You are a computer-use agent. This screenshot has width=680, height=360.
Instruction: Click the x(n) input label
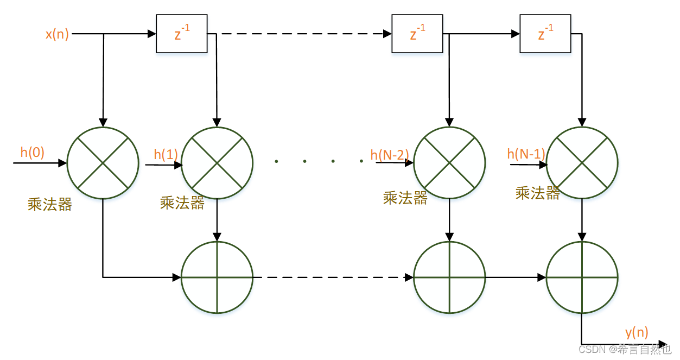pyautogui.click(x=57, y=34)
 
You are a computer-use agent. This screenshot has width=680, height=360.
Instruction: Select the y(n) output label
pyautogui.click(x=637, y=332)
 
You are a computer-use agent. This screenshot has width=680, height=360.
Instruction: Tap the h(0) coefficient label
pyautogui.click(x=33, y=153)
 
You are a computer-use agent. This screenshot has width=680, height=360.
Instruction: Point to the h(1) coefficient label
pyautogui.click(x=166, y=155)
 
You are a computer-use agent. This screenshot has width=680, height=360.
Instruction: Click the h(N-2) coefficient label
pyautogui.click(x=389, y=155)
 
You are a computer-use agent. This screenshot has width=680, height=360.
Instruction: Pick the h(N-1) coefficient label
pyautogui.click(x=526, y=154)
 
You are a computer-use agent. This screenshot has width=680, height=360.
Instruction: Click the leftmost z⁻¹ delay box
pyautogui.click(x=182, y=34)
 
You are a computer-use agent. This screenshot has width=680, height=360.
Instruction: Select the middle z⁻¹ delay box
pyautogui.click(x=417, y=34)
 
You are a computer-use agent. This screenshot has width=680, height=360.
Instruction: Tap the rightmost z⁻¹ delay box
pyautogui.click(x=545, y=34)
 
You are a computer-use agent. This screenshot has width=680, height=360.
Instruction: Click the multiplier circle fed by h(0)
pyautogui.click(x=103, y=163)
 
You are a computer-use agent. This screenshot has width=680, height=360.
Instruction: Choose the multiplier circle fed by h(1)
pyautogui.click(x=217, y=163)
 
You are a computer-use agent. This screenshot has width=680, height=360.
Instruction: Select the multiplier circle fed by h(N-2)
pyautogui.click(x=449, y=163)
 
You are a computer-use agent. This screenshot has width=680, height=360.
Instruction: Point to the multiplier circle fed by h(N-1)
pyautogui.click(x=582, y=163)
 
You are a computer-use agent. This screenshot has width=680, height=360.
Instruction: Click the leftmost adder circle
pyautogui.click(x=217, y=277)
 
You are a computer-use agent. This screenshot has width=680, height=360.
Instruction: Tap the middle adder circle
pyautogui.click(x=449, y=277)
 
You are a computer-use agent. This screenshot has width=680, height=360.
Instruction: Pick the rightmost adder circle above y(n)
pyautogui.click(x=582, y=277)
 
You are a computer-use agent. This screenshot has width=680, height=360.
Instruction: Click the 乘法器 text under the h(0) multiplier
pyautogui.click(x=50, y=205)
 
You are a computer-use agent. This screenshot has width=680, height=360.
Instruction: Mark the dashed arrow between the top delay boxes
pyautogui.click(x=304, y=34)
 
